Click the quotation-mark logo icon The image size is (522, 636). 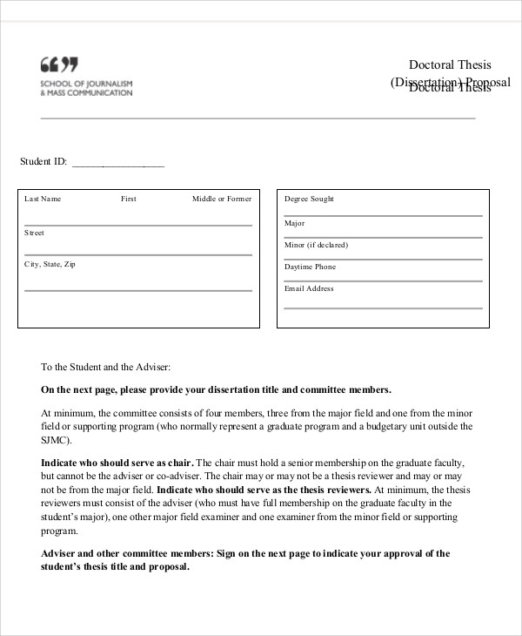pos(58,64)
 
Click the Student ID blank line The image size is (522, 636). pos(117,163)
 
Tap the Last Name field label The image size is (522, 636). pos(43,199)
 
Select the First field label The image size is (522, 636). pos(129,199)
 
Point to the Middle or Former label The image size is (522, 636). pos(221,199)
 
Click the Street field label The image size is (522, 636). pos(34,233)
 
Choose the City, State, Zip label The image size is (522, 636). pos(50,263)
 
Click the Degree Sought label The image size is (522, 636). pos(309,199)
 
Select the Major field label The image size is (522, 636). pos(294,223)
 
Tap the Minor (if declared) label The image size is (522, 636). pos(316,245)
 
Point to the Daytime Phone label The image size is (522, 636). pos(310,267)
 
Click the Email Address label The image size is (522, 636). pos(309,288)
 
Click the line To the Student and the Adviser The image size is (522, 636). pos(106,368)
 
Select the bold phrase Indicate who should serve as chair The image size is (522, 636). pos(117,463)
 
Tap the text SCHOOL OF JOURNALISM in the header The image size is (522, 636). pos(86,83)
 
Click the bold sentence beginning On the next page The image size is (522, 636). pos(216,390)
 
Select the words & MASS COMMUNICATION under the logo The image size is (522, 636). pos(86,92)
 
